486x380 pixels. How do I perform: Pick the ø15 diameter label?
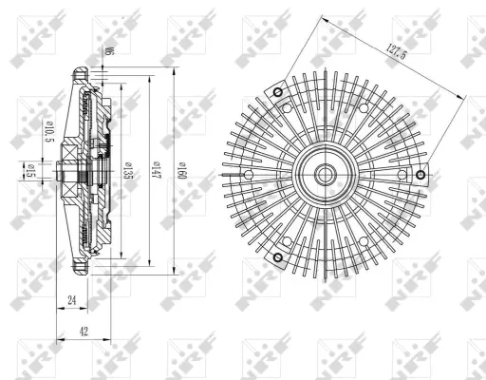click(x=29, y=171)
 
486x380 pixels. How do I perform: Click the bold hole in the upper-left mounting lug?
click(x=276, y=92)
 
